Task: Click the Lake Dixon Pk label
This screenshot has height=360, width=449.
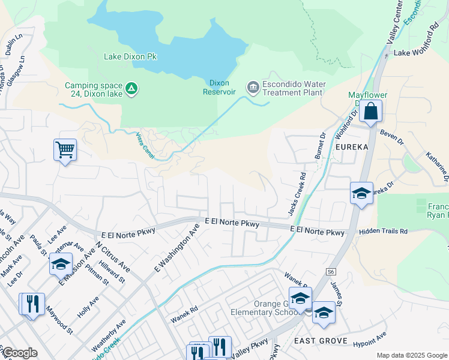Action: [130, 57]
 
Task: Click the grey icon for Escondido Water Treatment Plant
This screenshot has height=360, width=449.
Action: [253, 88]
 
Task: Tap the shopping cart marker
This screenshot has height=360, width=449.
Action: [64, 150]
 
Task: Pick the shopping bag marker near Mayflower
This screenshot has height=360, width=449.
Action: [371, 112]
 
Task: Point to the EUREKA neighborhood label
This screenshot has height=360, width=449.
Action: [352, 146]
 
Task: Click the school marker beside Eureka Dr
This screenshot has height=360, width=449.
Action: [361, 194]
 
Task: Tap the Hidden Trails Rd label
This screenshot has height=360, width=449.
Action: [383, 231]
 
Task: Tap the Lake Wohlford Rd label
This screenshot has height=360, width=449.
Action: [416, 53]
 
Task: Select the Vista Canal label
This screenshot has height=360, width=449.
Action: [145, 146]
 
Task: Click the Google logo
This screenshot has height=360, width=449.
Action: [19, 353]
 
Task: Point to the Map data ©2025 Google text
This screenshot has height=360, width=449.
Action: [411, 355]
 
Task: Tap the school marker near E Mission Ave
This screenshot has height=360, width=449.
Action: [61, 264]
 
